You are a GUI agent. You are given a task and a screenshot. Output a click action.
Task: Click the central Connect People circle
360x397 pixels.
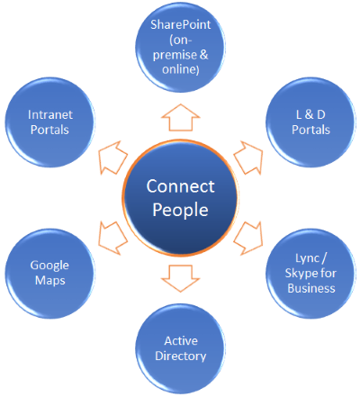click(x=180, y=198)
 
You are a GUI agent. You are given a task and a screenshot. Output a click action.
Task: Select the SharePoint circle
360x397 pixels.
click(x=180, y=47)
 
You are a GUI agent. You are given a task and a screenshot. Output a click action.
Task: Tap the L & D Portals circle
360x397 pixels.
click(x=310, y=122)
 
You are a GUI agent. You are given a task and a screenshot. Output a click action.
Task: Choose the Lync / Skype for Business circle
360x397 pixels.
click(x=310, y=274)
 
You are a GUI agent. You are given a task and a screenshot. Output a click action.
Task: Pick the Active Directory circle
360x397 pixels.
click(x=180, y=348)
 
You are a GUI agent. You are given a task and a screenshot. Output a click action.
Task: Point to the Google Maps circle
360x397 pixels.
click(x=49, y=274)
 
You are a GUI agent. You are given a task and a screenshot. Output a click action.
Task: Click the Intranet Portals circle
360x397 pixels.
click(x=49, y=122)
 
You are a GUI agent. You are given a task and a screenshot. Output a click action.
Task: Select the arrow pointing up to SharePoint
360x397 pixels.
click(x=180, y=117)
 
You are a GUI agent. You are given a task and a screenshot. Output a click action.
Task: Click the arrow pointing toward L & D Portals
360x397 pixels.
click(x=248, y=158)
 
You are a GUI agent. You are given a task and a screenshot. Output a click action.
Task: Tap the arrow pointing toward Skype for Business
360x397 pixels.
click(x=248, y=238)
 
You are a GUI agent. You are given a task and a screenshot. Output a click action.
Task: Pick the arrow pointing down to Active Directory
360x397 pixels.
click(x=180, y=278)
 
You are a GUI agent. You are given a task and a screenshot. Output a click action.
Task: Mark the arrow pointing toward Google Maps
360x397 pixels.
click(x=112, y=238)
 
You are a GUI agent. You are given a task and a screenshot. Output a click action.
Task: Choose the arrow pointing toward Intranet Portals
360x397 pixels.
click(x=112, y=158)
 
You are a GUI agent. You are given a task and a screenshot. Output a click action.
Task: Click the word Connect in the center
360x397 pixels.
click(x=180, y=186)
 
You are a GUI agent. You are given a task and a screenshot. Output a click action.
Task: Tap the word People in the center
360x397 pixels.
click(x=180, y=210)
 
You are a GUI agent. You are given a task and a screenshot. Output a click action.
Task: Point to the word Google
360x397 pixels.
click(x=49, y=266)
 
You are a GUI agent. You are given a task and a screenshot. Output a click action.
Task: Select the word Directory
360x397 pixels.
click(x=181, y=356)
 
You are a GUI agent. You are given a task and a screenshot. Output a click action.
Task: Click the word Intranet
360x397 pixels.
click(x=50, y=114)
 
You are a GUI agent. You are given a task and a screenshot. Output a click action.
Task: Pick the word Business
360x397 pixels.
click(x=311, y=288)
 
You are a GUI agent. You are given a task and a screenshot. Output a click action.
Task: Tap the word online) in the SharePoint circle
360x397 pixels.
click(x=181, y=69)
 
